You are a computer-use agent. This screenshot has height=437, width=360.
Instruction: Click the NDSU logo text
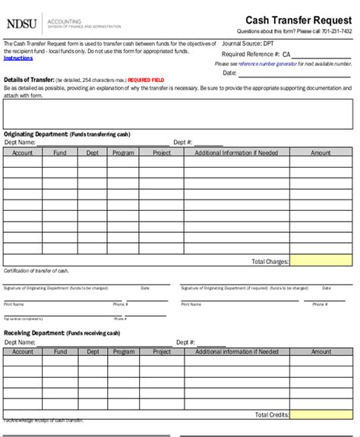click(x=23, y=24)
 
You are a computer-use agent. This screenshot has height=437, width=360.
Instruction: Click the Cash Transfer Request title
click(x=298, y=20)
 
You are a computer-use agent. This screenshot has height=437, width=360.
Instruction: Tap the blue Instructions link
click(x=18, y=58)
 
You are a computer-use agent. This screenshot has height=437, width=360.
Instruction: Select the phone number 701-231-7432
click(x=336, y=32)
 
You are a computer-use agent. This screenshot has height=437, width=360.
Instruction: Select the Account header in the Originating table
click(x=22, y=152)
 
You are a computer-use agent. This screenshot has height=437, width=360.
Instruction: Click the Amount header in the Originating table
click(x=321, y=152)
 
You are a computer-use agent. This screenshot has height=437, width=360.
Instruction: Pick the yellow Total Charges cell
click(x=321, y=261)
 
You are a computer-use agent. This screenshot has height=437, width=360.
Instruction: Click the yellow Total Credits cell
click(x=321, y=414)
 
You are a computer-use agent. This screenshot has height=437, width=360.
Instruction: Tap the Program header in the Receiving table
click(x=123, y=352)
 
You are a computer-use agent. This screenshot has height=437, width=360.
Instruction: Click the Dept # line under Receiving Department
click(x=211, y=343)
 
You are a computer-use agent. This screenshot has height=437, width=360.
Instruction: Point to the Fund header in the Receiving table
click(x=60, y=352)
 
